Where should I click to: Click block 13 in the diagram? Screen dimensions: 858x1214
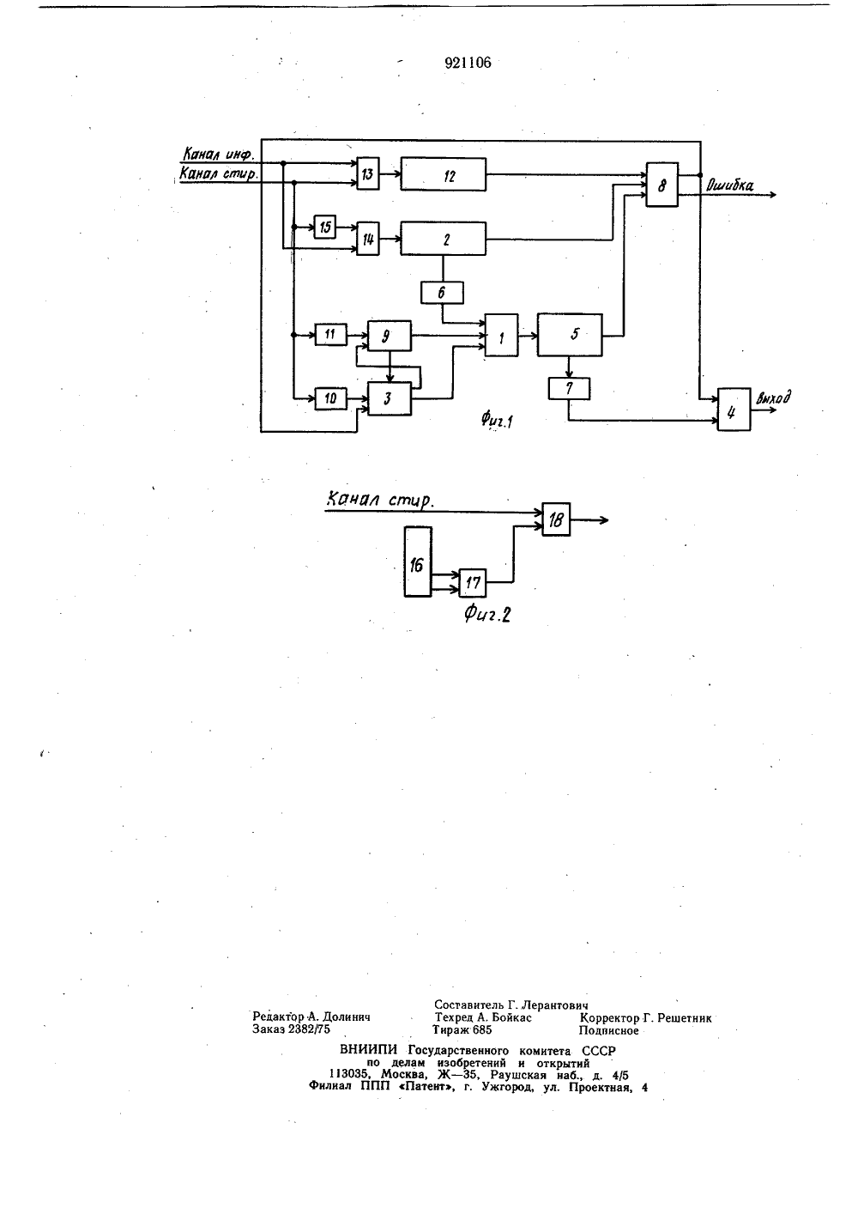pyautogui.click(x=368, y=173)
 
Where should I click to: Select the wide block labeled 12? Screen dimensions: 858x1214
pyautogui.click(x=443, y=174)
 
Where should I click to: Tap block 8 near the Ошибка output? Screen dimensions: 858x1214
pyautogui.click(x=662, y=185)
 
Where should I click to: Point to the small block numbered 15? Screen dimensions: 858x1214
pyautogui.click(x=325, y=227)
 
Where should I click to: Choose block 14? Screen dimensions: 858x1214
pyautogui.click(x=368, y=239)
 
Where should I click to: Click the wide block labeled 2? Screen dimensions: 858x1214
pyautogui.click(x=443, y=239)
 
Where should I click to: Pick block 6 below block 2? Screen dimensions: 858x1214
pyautogui.click(x=442, y=293)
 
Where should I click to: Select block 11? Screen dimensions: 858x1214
pyautogui.click(x=331, y=334)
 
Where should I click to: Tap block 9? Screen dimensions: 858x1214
pyautogui.click(x=389, y=336)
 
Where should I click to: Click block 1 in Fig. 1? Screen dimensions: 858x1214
pyautogui.click(x=501, y=335)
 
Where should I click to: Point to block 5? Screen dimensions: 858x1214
pyautogui.click(x=570, y=335)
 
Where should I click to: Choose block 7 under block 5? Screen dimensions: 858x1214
pyautogui.click(x=569, y=389)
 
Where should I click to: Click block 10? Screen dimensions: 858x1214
pyautogui.click(x=331, y=399)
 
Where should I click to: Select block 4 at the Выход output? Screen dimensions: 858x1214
pyautogui.click(x=734, y=410)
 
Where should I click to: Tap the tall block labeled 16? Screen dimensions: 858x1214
pyautogui.click(x=418, y=562)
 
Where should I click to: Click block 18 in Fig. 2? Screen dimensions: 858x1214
pyautogui.click(x=556, y=519)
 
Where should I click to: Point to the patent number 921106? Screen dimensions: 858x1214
pyautogui.click(x=468, y=63)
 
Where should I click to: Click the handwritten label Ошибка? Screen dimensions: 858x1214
pyautogui.click(x=729, y=185)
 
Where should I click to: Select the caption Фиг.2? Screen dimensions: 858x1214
pyautogui.click(x=487, y=614)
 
